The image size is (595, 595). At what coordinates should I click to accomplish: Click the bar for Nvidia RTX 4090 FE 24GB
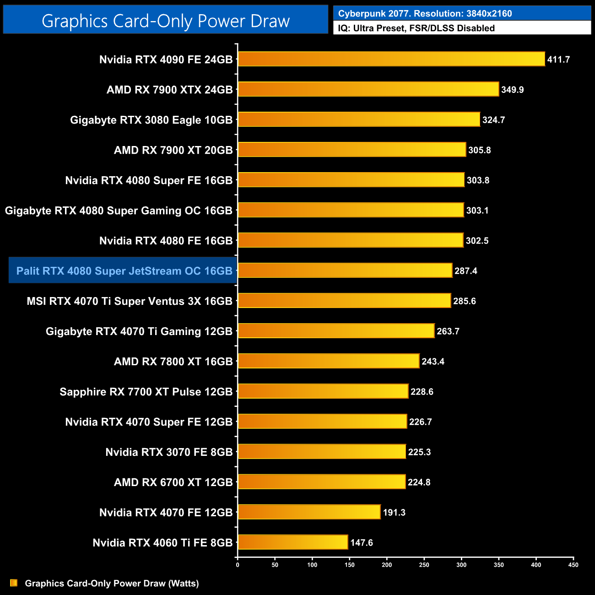[x=391, y=59]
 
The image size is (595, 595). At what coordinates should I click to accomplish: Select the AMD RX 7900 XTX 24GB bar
[x=368, y=89]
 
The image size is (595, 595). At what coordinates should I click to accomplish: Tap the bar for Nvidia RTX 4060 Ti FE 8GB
[x=293, y=542]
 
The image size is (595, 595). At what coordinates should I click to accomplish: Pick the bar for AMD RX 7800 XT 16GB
[x=329, y=361]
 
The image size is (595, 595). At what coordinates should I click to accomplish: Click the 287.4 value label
[x=466, y=271]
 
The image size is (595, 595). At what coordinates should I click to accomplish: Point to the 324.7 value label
[x=493, y=120]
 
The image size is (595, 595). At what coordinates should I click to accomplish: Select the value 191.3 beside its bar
[x=394, y=513]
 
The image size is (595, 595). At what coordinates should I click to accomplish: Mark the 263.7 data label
[x=448, y=331]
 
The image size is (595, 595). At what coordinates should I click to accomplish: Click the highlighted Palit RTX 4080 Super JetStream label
[x=124, y=271]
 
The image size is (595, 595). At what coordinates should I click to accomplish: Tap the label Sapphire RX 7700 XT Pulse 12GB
[x=146, y=392]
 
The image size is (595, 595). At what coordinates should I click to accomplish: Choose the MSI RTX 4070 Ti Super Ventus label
[x=130, y=301]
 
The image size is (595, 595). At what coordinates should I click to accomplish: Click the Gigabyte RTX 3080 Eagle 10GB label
[x=151, y=120]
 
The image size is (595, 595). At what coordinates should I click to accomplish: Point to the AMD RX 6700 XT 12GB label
[x=173, y=482]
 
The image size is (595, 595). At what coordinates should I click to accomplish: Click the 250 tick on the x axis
[x=424, y=565]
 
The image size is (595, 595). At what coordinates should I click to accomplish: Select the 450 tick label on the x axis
[x=573, y=565]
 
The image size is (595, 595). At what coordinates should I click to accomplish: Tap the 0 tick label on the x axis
[x=238, y=565]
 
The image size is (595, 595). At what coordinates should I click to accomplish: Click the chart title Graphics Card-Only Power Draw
[x=166, y=21]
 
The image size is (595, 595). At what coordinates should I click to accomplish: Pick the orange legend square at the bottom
[x=14, y=583]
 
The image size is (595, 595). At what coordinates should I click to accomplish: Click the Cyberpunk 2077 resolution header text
[x=425, y=13]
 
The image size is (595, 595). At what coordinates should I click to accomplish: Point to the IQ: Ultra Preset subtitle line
[x=416, y=28]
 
